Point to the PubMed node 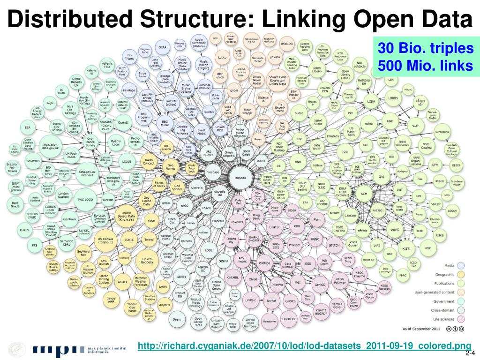(x=264, y=263)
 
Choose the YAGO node (x=184, y=205)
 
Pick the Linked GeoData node (x=147, y=260)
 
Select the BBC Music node (x=165, y=123)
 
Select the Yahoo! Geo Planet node (x=132, y=307)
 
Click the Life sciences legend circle (x=461, y=318)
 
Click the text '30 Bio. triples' (x=426, y=49)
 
